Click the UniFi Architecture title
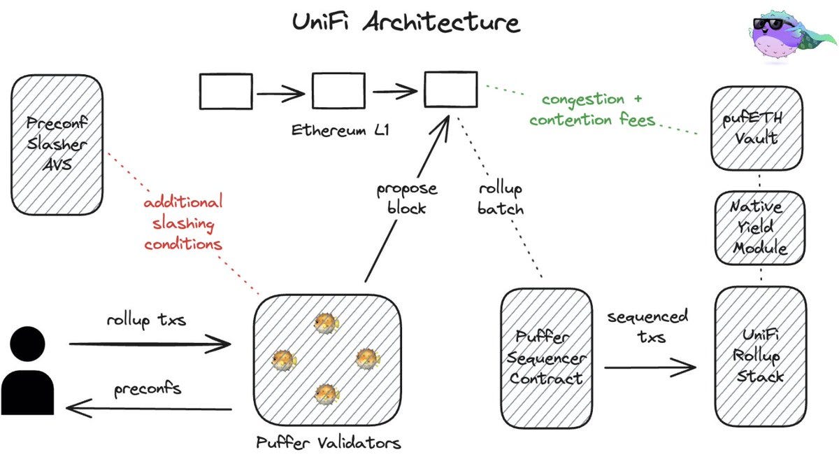pos(406,22)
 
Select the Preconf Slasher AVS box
pos(57,145)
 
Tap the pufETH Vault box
pos(756,128)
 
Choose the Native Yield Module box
pos(759,227)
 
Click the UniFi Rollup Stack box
pos(761,356)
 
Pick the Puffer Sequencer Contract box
pos(547,358)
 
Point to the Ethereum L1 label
pos(340,130)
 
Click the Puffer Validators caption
pos(329,442)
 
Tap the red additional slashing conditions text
pos(183,223)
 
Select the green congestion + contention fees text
pos(592,110)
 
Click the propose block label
pos(407,199)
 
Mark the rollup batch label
pos(501,199)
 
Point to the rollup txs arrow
pos(150,344)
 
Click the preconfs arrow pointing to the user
pos(149,409)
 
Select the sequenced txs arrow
pos(650,367)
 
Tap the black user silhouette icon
pos(27,370)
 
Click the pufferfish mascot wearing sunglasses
pos(790,36)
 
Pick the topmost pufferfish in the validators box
pos(327,323)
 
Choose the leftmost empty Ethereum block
pos(226,92)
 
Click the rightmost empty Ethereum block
pos(450,90)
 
